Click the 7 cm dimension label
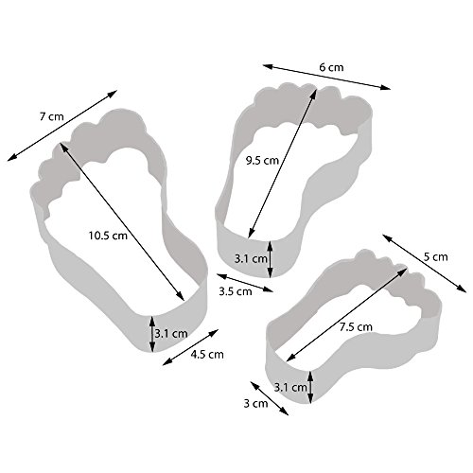(52, 116)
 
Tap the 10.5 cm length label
(108, 236)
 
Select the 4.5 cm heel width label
(207, 355)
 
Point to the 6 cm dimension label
(331, 67)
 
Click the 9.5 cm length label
(262, 161)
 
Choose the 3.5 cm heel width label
(236, 291)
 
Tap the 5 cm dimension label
(435, 257)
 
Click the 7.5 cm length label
(356, 327)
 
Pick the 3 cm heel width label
(255, 403)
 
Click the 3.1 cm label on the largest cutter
(171, 333)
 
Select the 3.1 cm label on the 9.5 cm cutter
(251, 259)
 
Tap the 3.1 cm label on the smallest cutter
(290, 387)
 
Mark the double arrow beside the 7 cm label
(62, 126)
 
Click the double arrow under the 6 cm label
(326, 77)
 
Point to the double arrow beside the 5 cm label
(425, 264)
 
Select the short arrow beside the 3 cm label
(270, 398)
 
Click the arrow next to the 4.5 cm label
(190, 347)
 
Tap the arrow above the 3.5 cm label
(245, 283)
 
